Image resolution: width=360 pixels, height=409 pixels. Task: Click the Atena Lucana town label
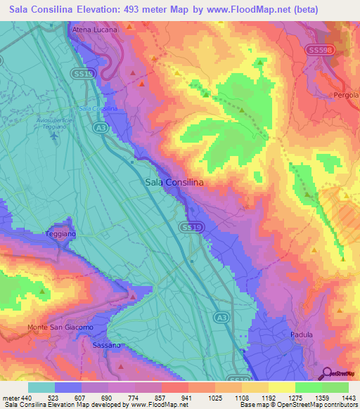[94, 31]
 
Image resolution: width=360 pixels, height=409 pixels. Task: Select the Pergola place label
[346, 94]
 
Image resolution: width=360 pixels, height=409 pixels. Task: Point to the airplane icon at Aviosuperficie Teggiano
[56, 134]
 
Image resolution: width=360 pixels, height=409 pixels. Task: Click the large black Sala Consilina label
[174, 182]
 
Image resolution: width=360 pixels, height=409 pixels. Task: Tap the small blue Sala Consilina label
[98, 109]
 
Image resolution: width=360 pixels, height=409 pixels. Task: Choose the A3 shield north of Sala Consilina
[100, 127]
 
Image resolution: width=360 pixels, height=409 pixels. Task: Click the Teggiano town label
[60, 233]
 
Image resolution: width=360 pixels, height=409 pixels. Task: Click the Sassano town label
[108, 345]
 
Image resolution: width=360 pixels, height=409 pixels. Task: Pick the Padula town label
[302, 335]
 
